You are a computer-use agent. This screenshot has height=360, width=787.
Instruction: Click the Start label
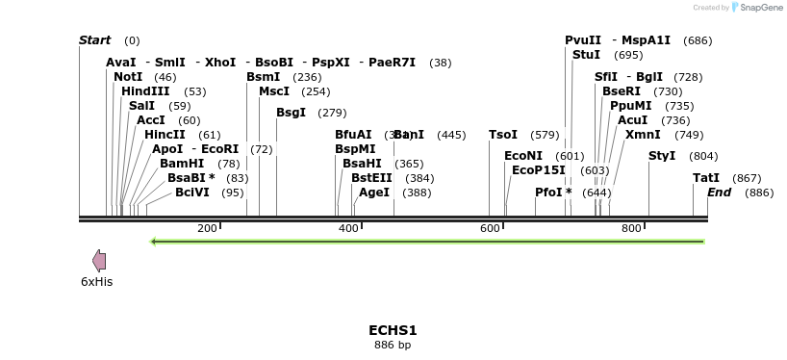[94, 40]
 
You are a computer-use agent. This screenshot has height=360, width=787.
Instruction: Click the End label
[719, 193]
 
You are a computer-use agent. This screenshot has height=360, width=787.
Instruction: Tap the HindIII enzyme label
[145, 91]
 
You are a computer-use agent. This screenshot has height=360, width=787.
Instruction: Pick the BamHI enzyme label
[182, 164]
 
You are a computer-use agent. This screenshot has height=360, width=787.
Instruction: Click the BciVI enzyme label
[195, 193]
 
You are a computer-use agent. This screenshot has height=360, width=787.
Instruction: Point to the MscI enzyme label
[274, 91]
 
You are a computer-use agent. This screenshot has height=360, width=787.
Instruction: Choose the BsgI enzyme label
[291, 113]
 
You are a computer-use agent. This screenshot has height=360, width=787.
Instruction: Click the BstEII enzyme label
[371, 178]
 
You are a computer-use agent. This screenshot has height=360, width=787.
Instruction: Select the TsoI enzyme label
[503, 135]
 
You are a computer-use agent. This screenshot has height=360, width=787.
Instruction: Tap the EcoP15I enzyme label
[539, 170]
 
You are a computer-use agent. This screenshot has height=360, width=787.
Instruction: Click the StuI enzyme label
[586, 55]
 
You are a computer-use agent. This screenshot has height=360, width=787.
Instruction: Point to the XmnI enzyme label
[643, 135]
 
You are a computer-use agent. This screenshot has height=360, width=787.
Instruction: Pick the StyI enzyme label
[662, 156]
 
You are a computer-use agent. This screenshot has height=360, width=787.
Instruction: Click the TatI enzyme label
[706, 178]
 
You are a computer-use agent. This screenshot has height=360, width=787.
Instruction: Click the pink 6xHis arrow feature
[98, 260]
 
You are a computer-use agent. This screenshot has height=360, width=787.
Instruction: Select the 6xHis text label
[96, 282]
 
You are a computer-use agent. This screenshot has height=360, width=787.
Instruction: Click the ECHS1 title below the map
[393, 330]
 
